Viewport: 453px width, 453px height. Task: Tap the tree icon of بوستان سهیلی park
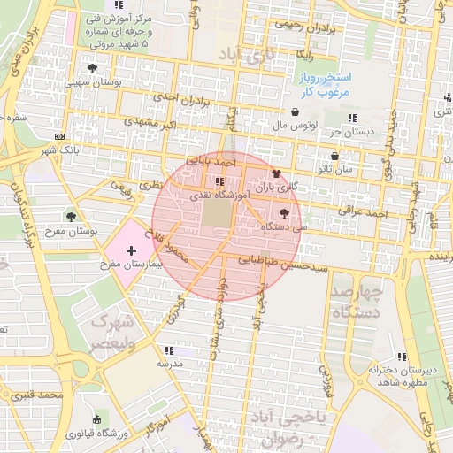91,67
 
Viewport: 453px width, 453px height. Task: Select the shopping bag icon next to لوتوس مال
295,112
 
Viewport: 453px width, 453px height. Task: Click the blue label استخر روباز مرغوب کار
324,85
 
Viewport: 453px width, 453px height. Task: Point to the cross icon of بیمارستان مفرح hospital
133,251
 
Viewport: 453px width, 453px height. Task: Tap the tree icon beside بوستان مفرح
72,216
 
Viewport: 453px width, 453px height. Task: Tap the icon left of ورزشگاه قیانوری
96,419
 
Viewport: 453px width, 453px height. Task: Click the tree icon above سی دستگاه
283,213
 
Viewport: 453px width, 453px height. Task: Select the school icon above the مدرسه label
168,350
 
